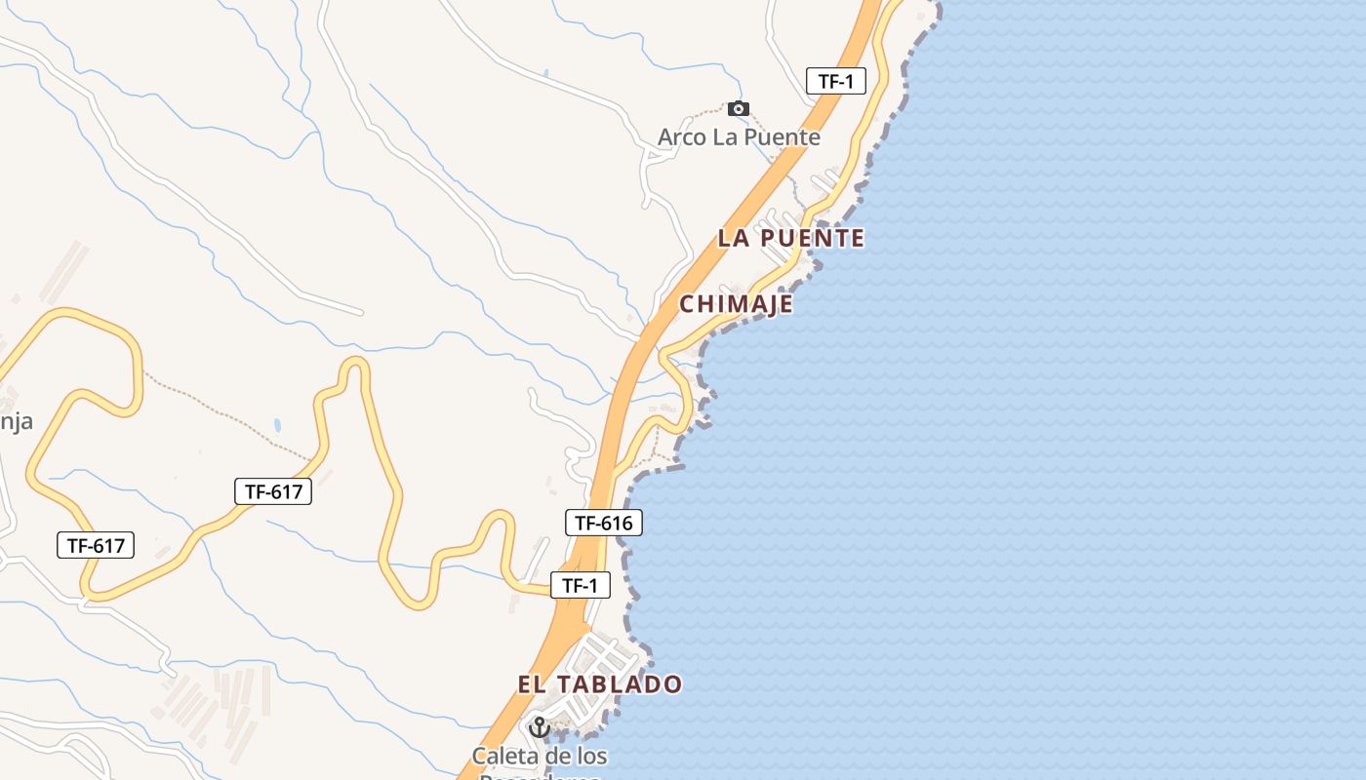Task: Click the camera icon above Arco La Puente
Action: (739, 108)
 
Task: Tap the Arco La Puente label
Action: (739, 137)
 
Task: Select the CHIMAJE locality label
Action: (736, 304)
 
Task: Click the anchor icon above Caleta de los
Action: (539, 726)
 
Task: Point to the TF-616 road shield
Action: (603, 523)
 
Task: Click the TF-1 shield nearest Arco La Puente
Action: (836, 81)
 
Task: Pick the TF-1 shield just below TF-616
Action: (581, 585)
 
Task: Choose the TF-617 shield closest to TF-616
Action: (273, 491)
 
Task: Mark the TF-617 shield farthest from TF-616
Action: (96, 545)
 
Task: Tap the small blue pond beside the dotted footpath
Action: (278, 425)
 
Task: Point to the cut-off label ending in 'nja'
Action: (16, 422)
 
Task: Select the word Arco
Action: (680, 137)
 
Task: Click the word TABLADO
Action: (618, 684)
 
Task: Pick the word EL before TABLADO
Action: (531, 684)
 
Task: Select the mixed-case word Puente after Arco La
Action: (782, 137)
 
